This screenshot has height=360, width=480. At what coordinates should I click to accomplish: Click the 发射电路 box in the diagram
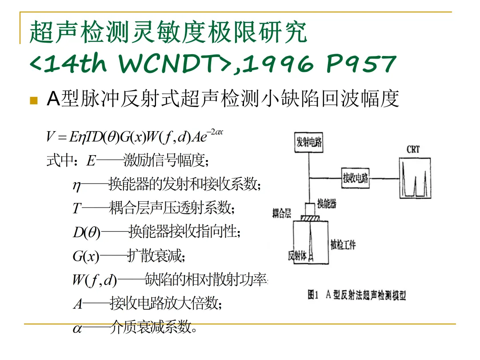coord(309,142)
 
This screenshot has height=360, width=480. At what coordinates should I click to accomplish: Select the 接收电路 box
coord(355,178)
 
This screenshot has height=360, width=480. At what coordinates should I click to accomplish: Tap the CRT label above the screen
coord(413,150)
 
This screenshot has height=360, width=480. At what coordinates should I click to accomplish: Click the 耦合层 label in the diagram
coord(282,214)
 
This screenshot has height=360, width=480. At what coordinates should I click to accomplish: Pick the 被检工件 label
coord(343,244)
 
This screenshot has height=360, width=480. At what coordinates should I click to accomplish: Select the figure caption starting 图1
coord(357,295)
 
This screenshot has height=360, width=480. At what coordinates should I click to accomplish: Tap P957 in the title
coord(360,64)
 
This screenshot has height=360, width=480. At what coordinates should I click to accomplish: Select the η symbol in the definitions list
coord(76,184)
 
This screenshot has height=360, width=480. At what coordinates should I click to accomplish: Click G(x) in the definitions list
coord(85,256)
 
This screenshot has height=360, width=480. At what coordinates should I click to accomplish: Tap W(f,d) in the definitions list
coord(94,280)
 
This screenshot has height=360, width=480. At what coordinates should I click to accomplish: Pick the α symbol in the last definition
coord(77,329)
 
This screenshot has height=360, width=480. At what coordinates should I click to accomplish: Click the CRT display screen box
coord(414,177)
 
